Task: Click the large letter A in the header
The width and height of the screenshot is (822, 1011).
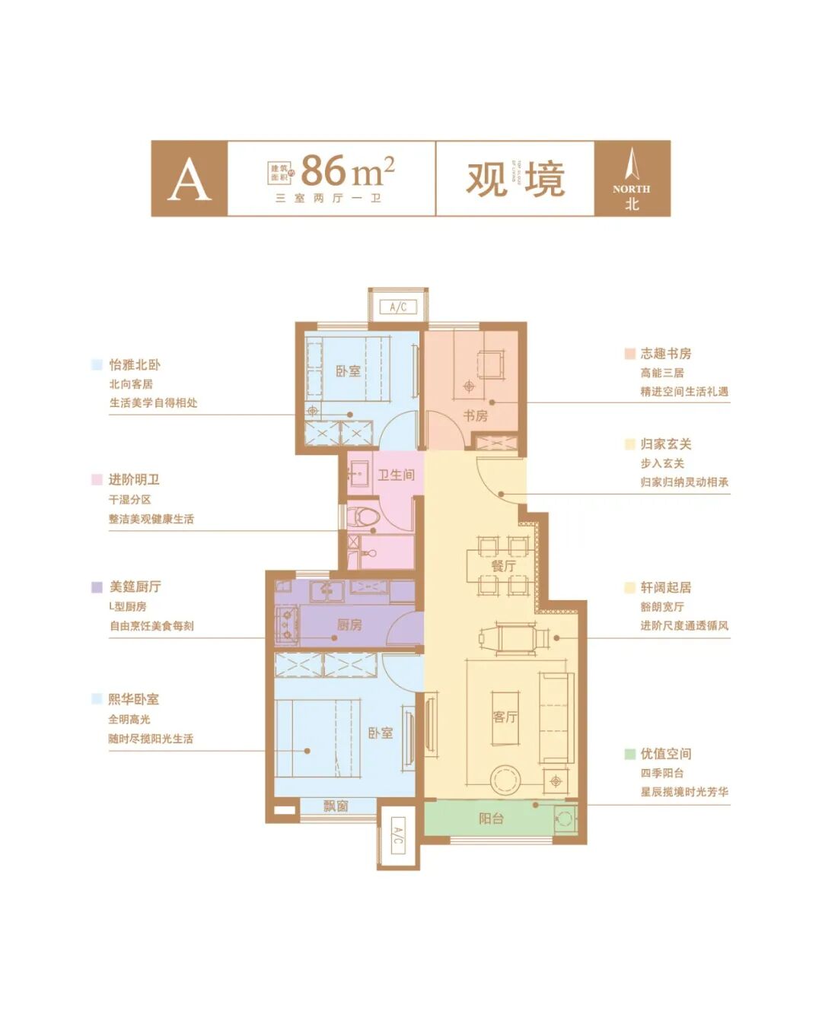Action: [189, 180]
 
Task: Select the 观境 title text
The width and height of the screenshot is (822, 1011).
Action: [515, 179]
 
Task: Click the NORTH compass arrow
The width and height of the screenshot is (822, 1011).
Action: [632, 165]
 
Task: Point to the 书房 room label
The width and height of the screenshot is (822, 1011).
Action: [476, 415]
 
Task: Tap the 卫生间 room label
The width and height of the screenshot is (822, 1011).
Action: [396, 475]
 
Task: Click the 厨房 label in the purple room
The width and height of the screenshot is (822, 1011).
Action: [349, 625]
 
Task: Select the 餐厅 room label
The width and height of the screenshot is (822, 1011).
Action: [503, 566]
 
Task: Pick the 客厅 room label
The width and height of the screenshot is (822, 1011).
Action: [505, 717]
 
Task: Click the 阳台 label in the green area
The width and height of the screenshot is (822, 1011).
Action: [491, 819]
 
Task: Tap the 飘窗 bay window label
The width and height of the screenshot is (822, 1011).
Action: [336, 806]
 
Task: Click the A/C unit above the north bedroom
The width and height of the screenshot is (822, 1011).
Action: [398, 307]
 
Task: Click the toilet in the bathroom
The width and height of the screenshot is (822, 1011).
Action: [365, 517]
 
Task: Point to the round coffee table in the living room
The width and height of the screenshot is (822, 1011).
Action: [504, 779]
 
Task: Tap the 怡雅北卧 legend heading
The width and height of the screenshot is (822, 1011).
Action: [135, 365]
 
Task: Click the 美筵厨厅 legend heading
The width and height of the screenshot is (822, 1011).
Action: [135, 587]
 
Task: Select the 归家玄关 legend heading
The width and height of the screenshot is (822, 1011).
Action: [665, 444]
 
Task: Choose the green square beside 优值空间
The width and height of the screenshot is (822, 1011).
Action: [629, 754]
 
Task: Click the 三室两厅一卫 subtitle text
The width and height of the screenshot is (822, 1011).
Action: [328, 198]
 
